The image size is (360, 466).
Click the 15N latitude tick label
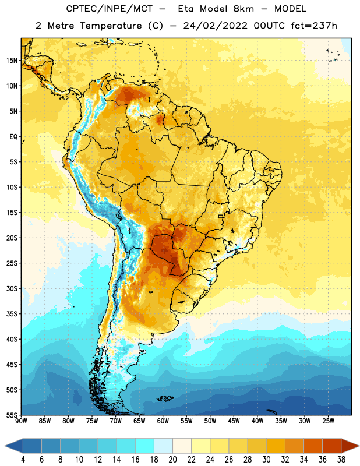tap(12, 61)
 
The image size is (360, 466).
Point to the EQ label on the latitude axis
tap(13, 137)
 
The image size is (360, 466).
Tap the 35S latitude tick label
tap(12, 314)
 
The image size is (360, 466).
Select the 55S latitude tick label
tap(12, 415)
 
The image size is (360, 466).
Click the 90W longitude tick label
tap(21, 421)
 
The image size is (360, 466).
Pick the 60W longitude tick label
tap(163, 421)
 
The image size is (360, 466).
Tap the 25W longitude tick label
tap(328, 421)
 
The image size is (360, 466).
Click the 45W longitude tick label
tap(234, 421)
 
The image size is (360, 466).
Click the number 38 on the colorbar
tap(341, 460)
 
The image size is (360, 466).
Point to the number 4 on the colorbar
tap(23, 460)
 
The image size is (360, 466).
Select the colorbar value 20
tap(172, 460)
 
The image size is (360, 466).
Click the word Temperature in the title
tap(111, 26)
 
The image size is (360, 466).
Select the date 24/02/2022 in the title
tap(215, 26)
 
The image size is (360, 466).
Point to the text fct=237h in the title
tap(314, 26)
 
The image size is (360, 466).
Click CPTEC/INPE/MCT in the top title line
tap(110, 9)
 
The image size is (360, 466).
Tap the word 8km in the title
tap(243, 9)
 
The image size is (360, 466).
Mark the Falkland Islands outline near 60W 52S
tap(165, 398)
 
